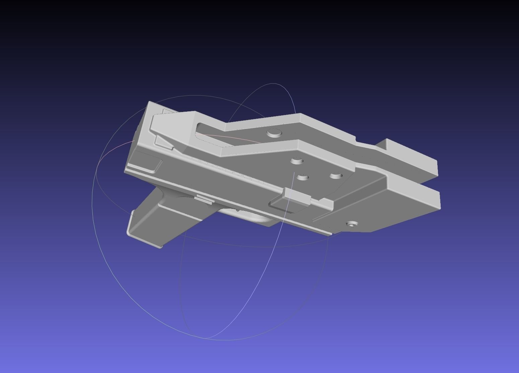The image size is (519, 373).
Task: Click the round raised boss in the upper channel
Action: point(274,133)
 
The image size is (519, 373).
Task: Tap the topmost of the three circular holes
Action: point(297,161)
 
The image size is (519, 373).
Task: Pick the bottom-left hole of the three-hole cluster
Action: point(303,177)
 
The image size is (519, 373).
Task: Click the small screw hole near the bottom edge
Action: point(351,224)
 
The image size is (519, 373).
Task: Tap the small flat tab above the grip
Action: point(204,200)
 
